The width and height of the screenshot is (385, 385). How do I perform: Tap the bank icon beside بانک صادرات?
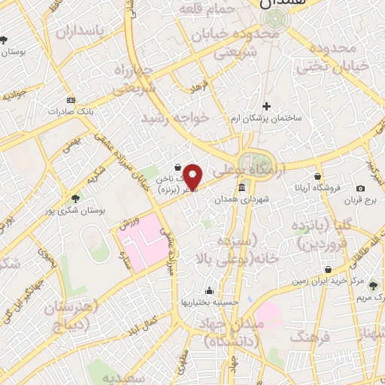[x=71, y=100]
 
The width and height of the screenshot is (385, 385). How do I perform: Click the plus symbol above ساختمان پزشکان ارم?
[x=265, y=105]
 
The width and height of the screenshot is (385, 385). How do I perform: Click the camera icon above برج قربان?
[x=361, y=188]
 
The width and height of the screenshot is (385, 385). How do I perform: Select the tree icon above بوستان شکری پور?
[x=74, y=199]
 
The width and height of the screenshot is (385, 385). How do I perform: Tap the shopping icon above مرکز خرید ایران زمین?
[x=329, y=269]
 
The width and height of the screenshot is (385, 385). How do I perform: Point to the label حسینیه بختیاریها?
[x=207, y=302]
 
